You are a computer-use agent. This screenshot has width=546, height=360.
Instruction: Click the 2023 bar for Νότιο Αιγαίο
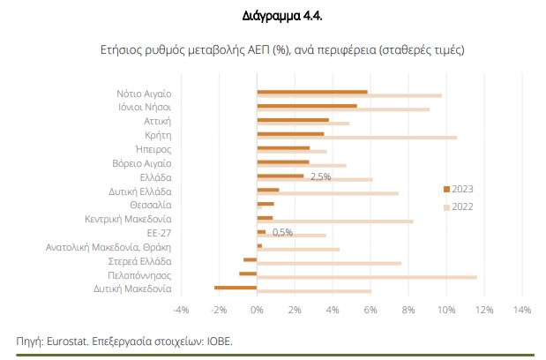pyautogui.click(x=311, y=91)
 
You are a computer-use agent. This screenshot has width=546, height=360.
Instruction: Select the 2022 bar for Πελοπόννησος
pyautogui.click(x=366, y=277)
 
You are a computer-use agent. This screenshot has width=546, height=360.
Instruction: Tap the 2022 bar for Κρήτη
pyautogui.click(x=356, y=138)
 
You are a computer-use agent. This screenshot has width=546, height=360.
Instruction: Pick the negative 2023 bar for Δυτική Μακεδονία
pyautogui.click(x=236, y=287)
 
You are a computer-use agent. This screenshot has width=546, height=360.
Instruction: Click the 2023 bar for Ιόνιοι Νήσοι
pyautogui.click(x=306, y=106)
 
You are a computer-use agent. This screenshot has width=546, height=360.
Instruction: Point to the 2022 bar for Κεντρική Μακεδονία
pyautogui.click(x=334, y=221)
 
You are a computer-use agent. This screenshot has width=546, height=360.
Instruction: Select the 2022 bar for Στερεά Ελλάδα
pyautogui.click(x=328, y=263)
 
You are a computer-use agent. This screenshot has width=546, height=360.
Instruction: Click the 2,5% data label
pyautogui.click(x=320, y=176)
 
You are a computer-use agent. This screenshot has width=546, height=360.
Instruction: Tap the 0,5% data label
pyautogui.click(x=282, y=232)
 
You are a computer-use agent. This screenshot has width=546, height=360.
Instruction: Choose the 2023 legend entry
pyautogui.click(x=460, y=189)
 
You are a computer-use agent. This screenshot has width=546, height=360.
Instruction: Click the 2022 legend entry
pyautogui.click(x=460, y=206)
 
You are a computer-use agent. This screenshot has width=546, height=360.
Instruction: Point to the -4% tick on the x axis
pyautogui.click(x=181, y=310)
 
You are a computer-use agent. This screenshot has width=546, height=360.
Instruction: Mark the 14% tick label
pyautogui.click(x=520, y=310)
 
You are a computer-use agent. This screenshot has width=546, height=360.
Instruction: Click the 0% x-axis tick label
pyautogui.click(x=257, y=310)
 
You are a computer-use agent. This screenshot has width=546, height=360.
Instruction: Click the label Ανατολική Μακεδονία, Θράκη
pyautogui.click(x=108, y=247)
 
